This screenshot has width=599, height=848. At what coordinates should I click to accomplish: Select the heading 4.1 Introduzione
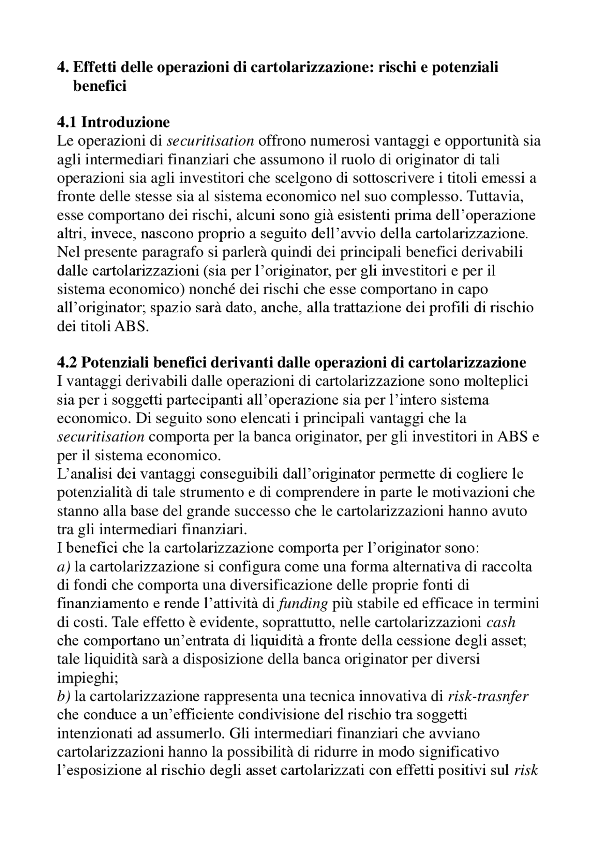[113, 122]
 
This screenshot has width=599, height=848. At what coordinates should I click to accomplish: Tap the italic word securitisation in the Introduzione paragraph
[211, 141]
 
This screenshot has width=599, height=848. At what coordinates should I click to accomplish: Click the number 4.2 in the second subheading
[68, 362]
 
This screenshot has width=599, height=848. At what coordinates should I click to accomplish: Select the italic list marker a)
[63, 567]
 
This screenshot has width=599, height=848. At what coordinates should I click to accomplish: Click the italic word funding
[303, 604]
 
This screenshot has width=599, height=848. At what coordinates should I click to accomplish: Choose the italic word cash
[501, 622]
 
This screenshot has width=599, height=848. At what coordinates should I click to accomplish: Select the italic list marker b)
[63, 696]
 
